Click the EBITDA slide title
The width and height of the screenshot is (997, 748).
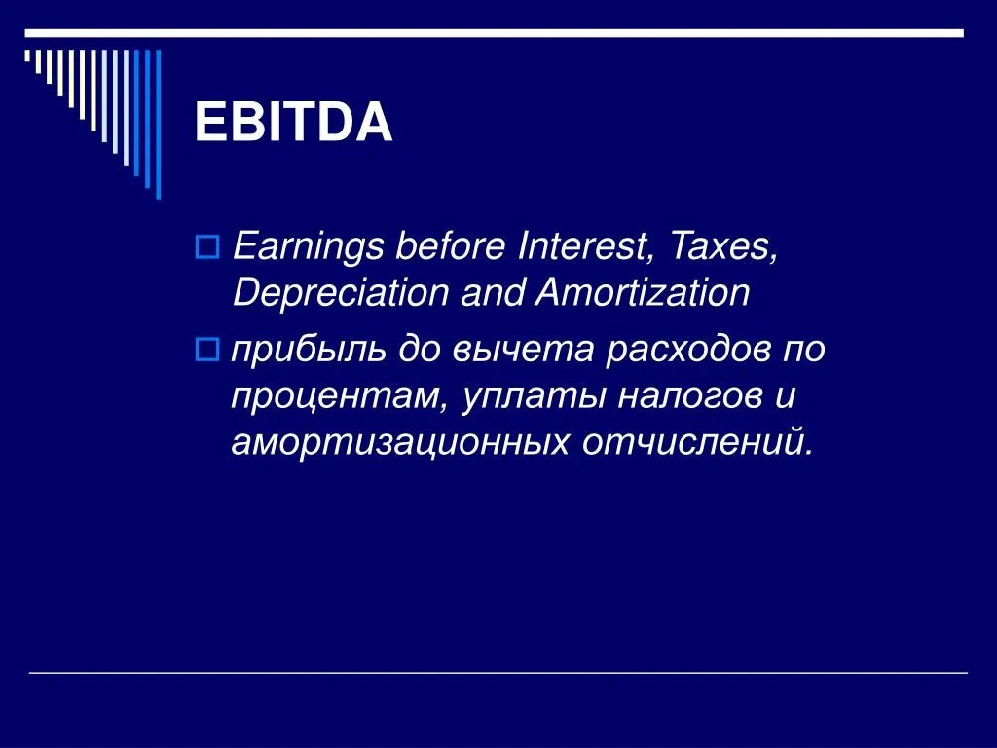click(293, 122)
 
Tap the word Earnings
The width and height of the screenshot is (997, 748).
click(309, 247)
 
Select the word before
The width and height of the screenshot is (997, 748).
click(450, 246)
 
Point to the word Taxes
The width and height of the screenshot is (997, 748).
click(724, 246)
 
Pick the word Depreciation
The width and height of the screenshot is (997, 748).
click(340, 293)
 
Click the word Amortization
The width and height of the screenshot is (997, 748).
click(643, 293)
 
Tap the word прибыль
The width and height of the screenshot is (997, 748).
click(309, 351)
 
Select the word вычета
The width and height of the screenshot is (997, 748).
click(523, 350)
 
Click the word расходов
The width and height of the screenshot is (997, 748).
click(687, 350)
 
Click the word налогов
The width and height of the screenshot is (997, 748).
click(689, 395)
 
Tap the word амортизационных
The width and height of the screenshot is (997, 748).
click(400, 443)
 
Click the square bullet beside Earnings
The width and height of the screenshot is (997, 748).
click(206, 246)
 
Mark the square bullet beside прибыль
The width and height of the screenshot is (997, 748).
click(206, 350)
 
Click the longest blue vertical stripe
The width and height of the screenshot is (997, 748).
click(159, 125)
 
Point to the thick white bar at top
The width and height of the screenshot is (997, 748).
click(494, 33)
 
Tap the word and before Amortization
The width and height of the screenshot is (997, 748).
click(492, 293)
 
